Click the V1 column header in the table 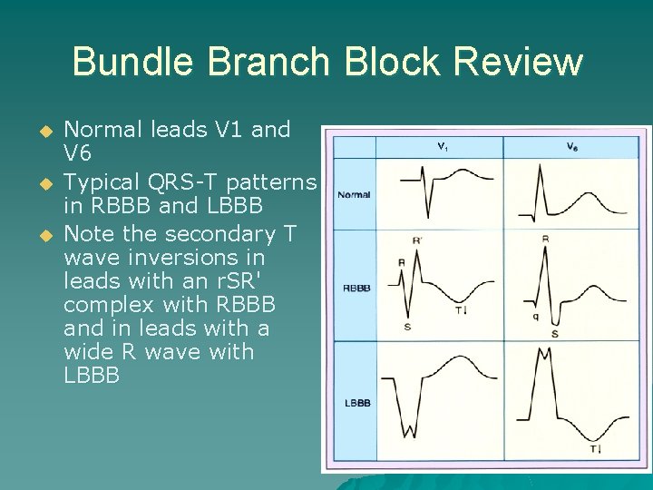(441, 146)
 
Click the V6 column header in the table (573, 146)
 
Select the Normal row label (354, 195)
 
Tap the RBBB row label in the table (356, 289)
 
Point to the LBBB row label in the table (356, 402)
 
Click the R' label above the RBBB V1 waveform (417, 241)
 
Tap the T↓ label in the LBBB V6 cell (595, 449)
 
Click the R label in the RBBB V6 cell (544, 240)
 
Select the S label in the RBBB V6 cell (553, 334)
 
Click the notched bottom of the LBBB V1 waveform (413, 432)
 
